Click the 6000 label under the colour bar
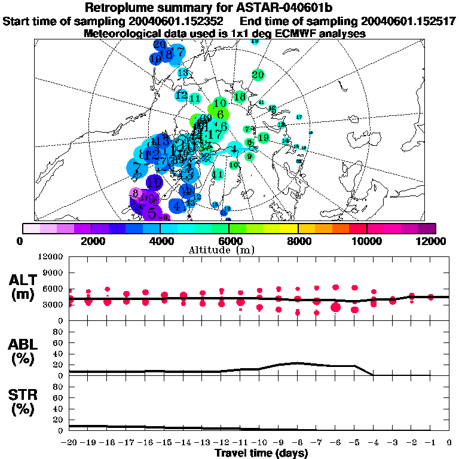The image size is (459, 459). click(x=228, y=241)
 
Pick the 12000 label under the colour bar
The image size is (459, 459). click(x=434, y=241)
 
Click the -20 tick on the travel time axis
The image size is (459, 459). click(x=69, y=443)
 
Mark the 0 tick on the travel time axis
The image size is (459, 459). click(x=449, y=443)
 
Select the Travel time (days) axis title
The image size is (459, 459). click(x=261, y=454)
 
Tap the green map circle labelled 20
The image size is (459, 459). click(x=258, y=75)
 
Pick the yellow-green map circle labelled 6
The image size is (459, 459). click(x=220, y=114)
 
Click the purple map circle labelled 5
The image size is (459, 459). click(x=152, y=212)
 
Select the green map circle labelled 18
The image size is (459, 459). click(x=240, y=97)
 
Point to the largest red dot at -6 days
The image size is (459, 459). click(x=336, y=307)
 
